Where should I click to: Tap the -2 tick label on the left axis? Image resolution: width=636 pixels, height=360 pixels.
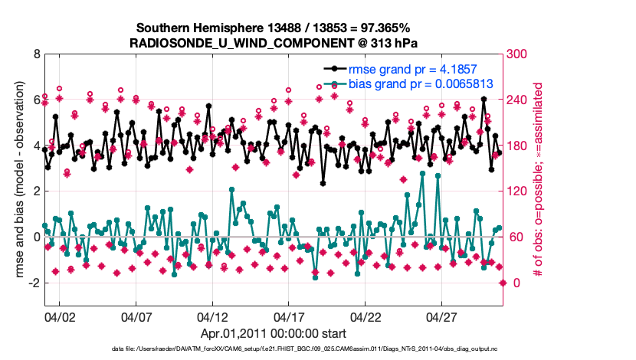(x=34, y=283)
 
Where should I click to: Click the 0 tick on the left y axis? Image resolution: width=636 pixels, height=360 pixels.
(x=36, y=237)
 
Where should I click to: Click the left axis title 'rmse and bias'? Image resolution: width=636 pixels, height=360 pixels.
(x=15, y=180)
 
